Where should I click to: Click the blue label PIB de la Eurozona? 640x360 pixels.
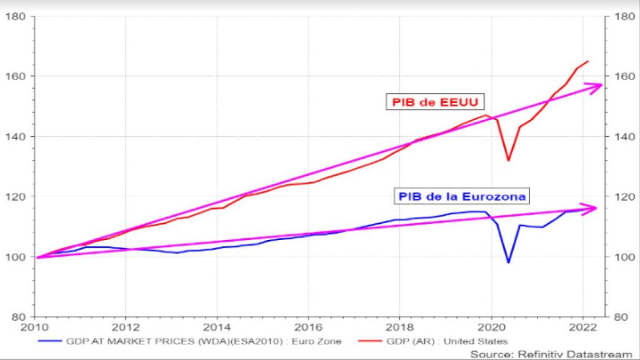(x=461, y=196)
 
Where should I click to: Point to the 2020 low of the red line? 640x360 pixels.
(x=508, y=161)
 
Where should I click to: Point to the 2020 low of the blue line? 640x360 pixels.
(x=508, y=262)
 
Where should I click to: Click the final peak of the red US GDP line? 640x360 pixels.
(x=587, y=61)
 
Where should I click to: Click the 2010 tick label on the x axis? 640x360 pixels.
(x=34, y=327)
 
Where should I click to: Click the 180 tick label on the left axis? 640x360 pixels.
(x=15, y=16)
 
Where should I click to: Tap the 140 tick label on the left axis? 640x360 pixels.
(x=15, y=136)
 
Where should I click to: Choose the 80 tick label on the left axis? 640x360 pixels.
(x=17, y=316)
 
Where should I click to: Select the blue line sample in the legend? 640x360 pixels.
(x=51, y=341)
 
